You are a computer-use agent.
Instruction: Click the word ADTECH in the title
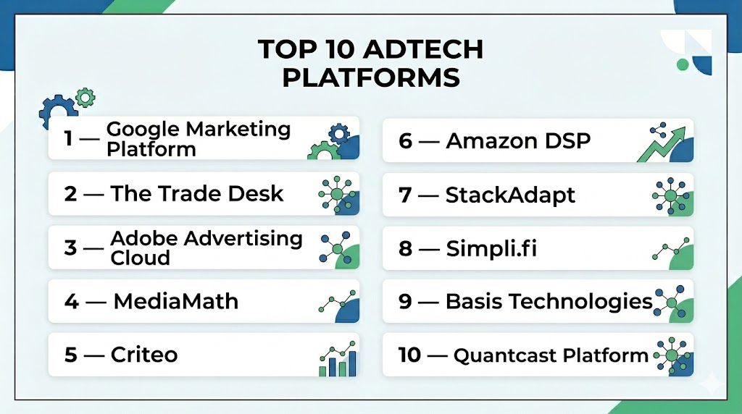click(424, 49)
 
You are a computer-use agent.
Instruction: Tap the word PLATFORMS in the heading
click(371, 77)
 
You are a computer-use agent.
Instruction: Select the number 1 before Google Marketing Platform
click(69, 138)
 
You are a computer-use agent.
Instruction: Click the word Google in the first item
click(143, 129)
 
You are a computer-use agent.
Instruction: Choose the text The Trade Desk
click(197, 194)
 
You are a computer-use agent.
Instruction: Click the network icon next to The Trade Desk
click(338, 194)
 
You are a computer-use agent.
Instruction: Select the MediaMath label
click(176, 302)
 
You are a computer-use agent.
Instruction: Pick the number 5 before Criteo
click(70, 355)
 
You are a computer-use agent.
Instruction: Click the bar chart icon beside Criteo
click(338, 359)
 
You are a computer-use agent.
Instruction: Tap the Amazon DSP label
click(518, 141)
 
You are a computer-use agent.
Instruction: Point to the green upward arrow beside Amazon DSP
click(661, 145)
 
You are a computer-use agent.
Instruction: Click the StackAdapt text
click(510, 195)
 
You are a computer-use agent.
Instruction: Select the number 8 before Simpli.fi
click(405, 248)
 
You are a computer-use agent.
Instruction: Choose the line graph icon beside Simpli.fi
click(671, 248)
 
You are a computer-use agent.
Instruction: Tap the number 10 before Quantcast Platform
click(409, 355)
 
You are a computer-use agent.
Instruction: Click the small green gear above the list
click(86, 98)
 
